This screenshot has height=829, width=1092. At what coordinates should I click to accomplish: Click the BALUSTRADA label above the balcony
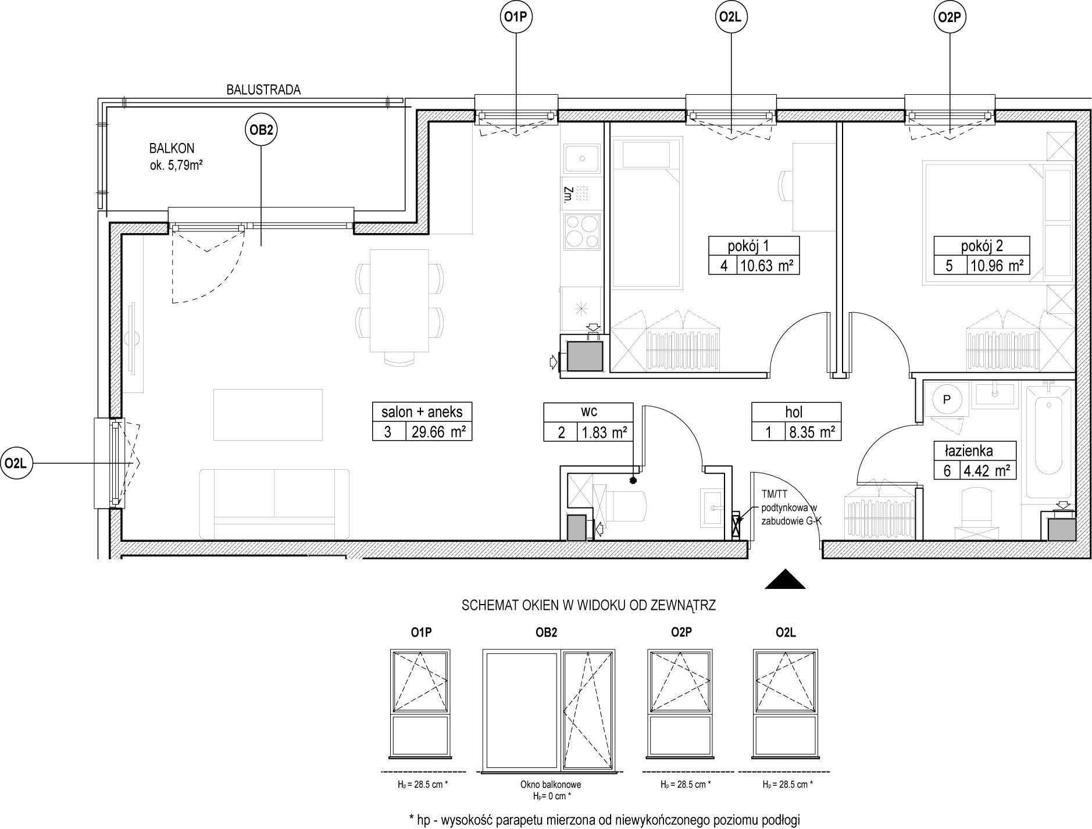pos(263,90)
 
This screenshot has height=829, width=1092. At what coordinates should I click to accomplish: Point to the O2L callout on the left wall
pos(17,463)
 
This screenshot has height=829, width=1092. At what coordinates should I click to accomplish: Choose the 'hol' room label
pos(794,412)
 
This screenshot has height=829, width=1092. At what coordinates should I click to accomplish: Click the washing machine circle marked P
pos(946,399)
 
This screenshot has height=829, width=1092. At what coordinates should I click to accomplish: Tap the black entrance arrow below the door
pos(785,580)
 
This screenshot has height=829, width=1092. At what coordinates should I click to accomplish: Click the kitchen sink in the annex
pos(582,159)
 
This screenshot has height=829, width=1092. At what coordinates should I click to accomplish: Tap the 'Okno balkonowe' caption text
pos(550,784)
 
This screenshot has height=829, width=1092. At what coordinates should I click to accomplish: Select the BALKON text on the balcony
pos(172,148)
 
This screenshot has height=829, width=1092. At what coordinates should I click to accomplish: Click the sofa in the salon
pos(274,503)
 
